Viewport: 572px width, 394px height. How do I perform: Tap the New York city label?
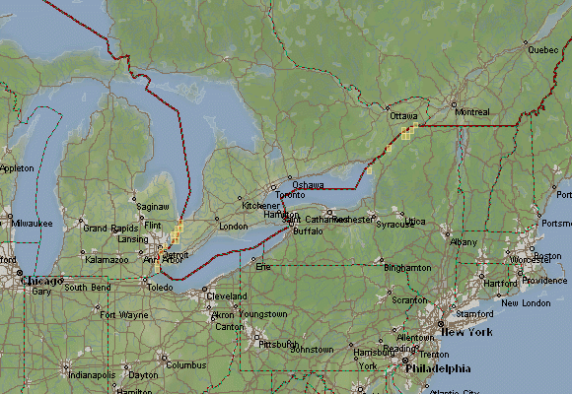click(465, 333)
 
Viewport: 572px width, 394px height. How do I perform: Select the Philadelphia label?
click(440, 369)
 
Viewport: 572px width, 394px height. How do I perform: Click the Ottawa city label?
click(403, 116)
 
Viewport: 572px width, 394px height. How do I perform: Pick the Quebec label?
click(542, 49)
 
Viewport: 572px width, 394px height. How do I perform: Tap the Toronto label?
click(292, 195)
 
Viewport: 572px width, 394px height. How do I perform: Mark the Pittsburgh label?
click(277, 345)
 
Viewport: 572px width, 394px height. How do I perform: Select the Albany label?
click(463, 241)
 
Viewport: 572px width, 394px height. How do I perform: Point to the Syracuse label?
click(394, 224)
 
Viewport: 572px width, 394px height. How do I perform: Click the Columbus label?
click(185, 364)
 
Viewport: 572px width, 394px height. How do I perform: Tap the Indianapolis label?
click(91, 375)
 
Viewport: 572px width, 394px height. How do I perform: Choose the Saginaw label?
click(153, 207)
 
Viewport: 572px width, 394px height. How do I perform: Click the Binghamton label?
click(407, 268)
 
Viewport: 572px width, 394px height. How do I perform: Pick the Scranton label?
click(409, 299)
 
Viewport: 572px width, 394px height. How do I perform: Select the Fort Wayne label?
click(123, 315)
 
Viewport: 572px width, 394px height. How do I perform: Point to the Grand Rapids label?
click(110, 228)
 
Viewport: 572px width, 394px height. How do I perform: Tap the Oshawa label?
click(308, 185)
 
